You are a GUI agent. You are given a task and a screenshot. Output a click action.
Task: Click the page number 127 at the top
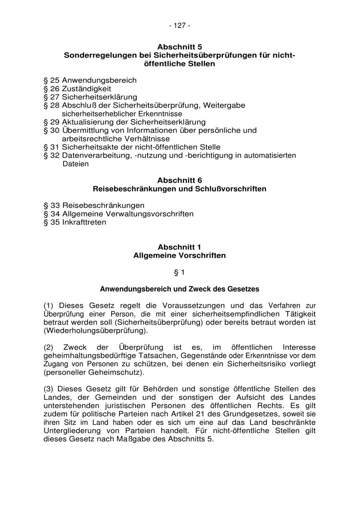click(x=180, y=26)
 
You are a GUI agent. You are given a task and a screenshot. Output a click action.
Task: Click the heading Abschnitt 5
click(x=180, y=47)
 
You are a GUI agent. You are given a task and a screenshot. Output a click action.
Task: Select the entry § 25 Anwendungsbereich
click(x=90, y=80)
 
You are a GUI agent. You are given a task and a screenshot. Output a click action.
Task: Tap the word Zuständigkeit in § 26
click(x=86, y=89)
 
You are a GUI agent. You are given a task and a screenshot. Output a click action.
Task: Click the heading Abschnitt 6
click(x=180, y=180)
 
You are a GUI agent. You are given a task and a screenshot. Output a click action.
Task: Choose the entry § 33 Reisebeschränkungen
click(x=94, y=206)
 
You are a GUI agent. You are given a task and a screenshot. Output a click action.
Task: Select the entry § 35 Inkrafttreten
click(x=75, y=222)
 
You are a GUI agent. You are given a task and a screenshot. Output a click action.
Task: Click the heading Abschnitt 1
click(x=180, y=247)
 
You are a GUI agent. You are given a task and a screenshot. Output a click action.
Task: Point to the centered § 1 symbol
click(x=180, y=273)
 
